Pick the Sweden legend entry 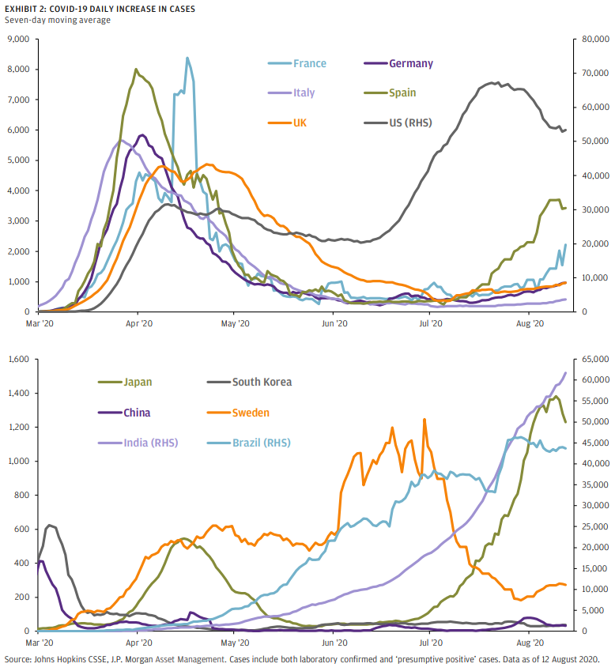click(252, 413)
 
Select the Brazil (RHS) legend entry click(260, 443)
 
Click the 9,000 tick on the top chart click(17, 40)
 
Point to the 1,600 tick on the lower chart click(17, 360)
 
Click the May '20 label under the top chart click(235, 323)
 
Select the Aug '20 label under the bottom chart click(528, 643)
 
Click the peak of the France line click(187, 58)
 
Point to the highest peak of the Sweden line click(424, 420)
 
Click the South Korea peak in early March click(50, 525)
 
